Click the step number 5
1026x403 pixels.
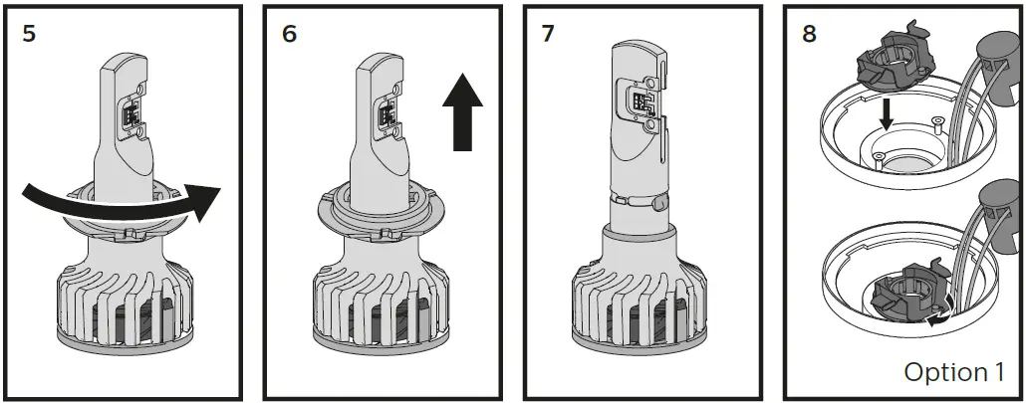pyautogui.click(x=29, y=33)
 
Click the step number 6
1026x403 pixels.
pyautogui.click(x=290, y=33)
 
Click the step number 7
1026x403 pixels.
pyautogui.click(x=549, y=33)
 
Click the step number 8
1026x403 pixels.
pyautogui.click(x=809, y=33)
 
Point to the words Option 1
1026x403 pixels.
pyautogui.click(x=953, y=372)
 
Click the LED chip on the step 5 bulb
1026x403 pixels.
pyautogui.click(x=131, y=114)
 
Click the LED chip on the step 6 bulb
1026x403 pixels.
pyautogui.click(x=389, y=114)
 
